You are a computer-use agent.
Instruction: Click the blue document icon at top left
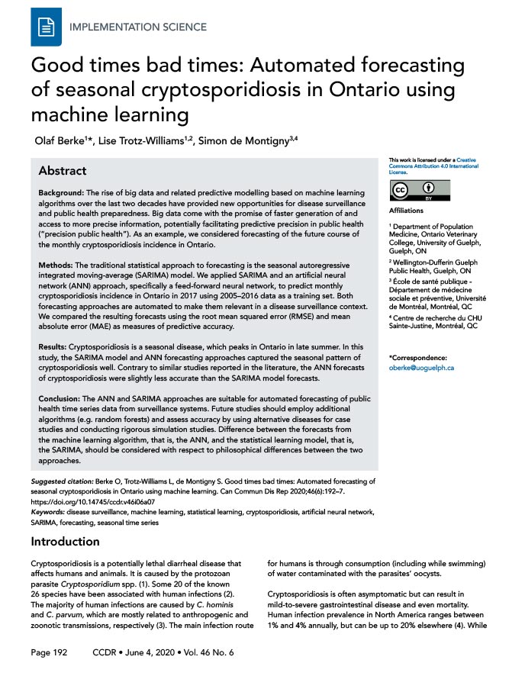click(45, 26)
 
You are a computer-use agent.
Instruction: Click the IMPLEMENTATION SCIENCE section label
click(137, 27)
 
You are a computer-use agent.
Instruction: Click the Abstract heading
click(62, 170)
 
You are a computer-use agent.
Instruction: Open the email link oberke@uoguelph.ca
click(421, 368)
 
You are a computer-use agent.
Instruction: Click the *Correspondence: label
click(418, 357)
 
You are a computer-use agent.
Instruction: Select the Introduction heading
click(65, 542)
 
